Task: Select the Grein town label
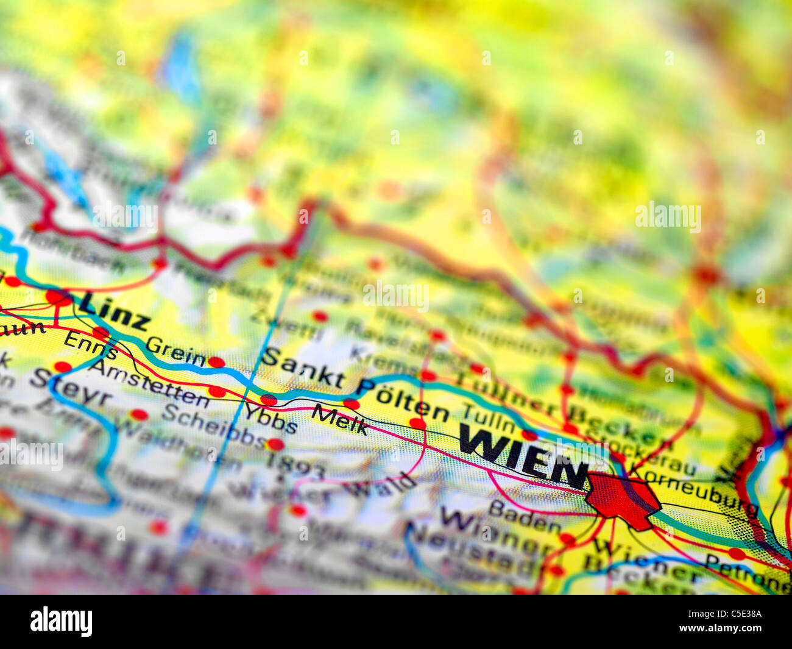(x=175, y=352)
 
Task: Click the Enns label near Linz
(x=90, y=346)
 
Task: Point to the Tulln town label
(x=489, y=420)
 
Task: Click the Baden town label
(x=524, y=517)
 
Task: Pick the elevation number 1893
(x=295, y=466)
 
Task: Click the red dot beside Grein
(x=216, y=362)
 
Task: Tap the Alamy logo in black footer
(x=61, y=622)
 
